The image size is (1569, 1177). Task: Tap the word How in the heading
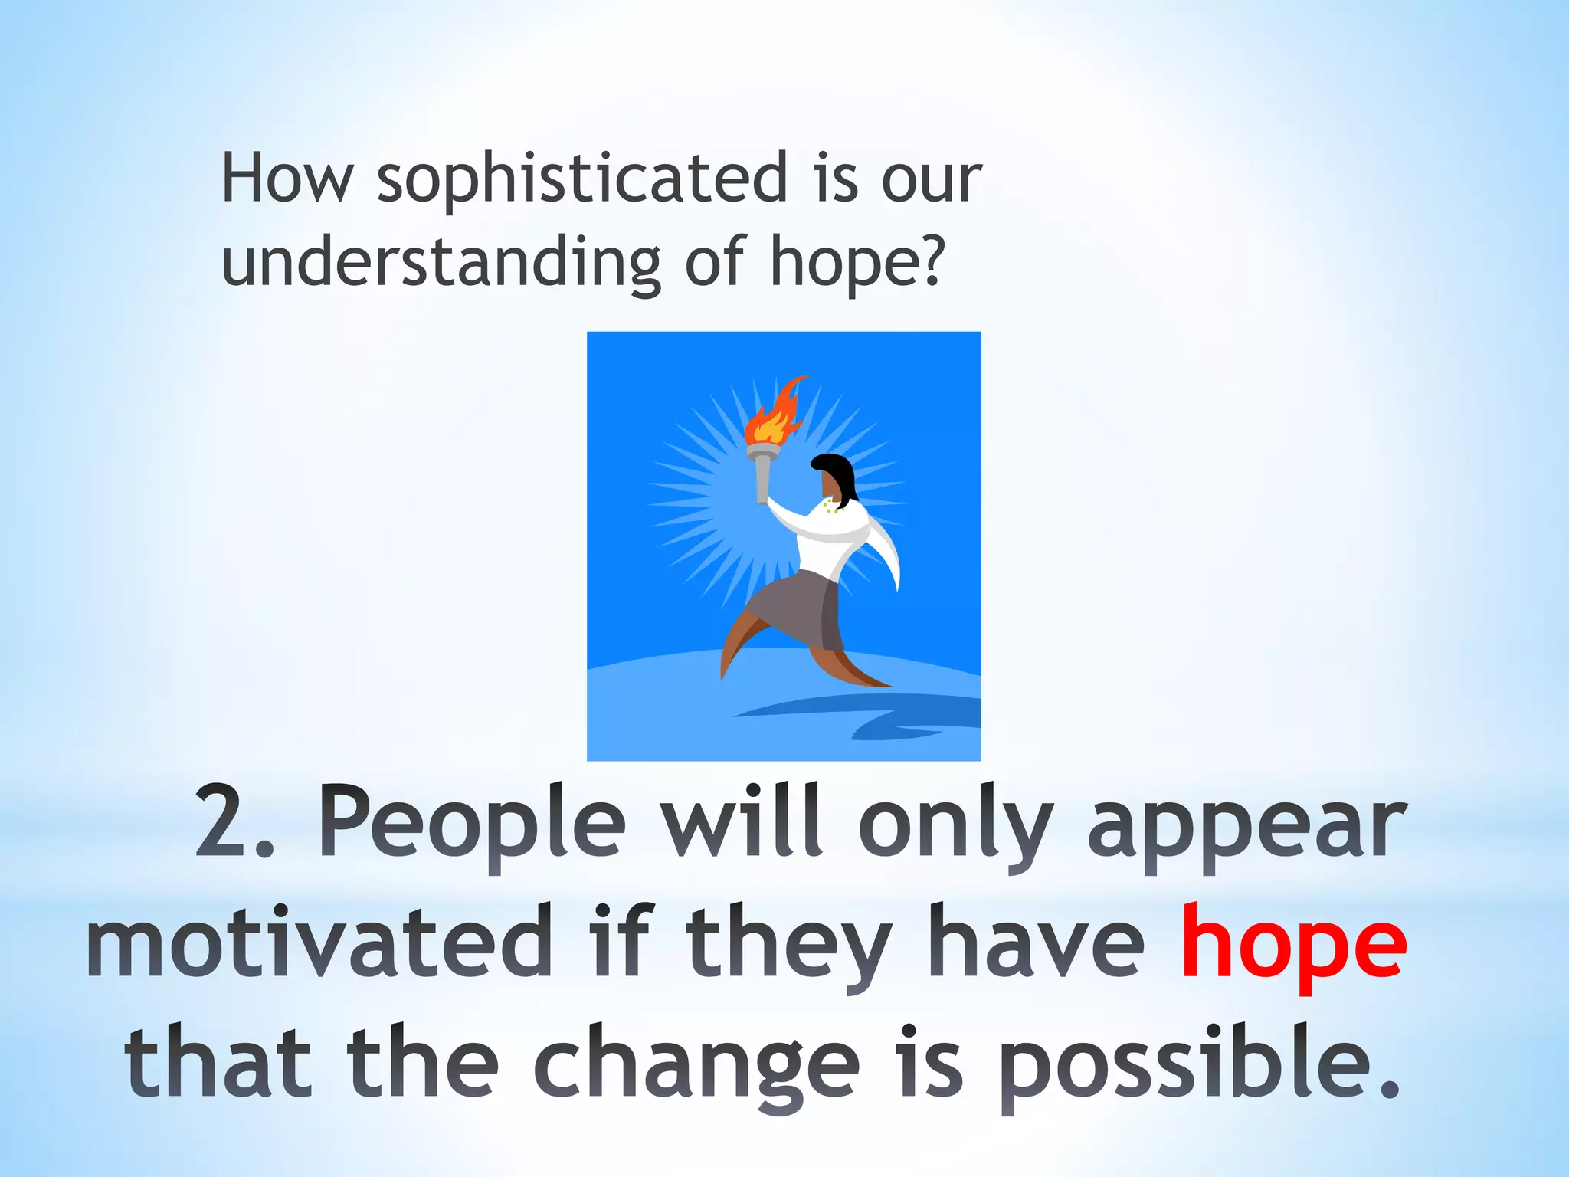click(x=287, y=178)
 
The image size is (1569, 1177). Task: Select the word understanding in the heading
click(x=441, y=262)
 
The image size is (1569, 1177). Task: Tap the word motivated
click(x=319, y=943)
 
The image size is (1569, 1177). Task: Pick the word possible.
click(x=1199, y=1065)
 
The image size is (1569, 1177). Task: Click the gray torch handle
click(x=762, y=475)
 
